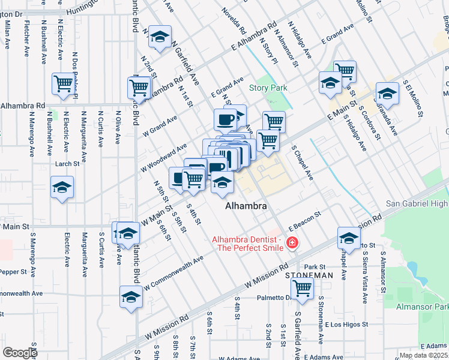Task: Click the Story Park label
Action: (268, 88)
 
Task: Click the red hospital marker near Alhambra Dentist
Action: (292, 243)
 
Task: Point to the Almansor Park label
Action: (423, 307)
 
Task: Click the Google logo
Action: (20, 353)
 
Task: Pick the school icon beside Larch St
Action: (62, 187)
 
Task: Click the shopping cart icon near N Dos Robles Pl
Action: (63, 84)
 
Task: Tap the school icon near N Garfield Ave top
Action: (160, 37)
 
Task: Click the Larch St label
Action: (67, 164)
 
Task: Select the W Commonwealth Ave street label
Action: (173, 271)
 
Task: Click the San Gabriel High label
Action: (417, 204)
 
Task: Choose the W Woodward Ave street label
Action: (164, 159)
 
